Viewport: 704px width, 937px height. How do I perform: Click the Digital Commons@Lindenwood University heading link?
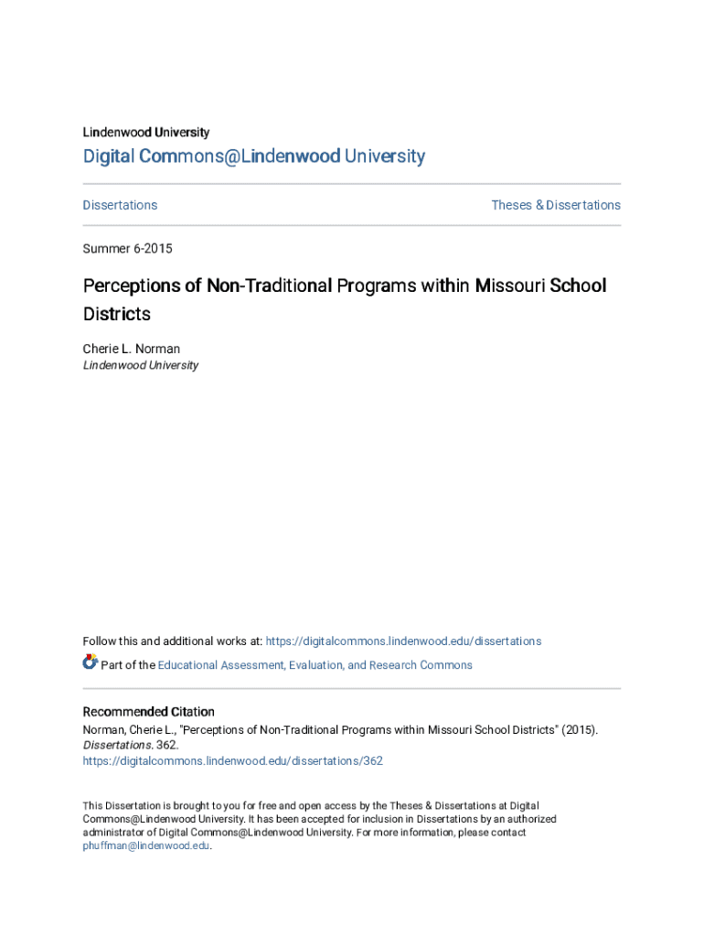pos(253,156)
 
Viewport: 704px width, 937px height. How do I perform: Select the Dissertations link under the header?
pos(120,205)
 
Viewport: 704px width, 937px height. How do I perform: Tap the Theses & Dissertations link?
pos(556,205)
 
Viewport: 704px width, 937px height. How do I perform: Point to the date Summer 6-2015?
pos(127,249)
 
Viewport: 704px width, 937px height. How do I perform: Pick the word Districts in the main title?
pos(116,315)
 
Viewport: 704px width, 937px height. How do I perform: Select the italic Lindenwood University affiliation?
pos(140,365)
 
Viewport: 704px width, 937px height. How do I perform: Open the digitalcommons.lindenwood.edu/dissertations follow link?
pos(403,641)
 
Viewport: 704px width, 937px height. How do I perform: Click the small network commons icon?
pos(90,662)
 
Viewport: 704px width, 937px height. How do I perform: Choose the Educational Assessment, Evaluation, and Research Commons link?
pos(315,665)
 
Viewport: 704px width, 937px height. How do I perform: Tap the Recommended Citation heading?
pos(148,712)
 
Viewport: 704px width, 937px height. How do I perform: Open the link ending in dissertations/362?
pos(232,761)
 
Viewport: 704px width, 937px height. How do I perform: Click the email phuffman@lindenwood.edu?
pos(146,846)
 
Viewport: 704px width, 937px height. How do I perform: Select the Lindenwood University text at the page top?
pos(145,133)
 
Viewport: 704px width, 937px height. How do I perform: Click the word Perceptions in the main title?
pos(132,285)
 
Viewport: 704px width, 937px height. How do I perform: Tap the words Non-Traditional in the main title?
pos(269,285)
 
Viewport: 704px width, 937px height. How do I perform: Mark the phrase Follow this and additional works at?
pos(172,641)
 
